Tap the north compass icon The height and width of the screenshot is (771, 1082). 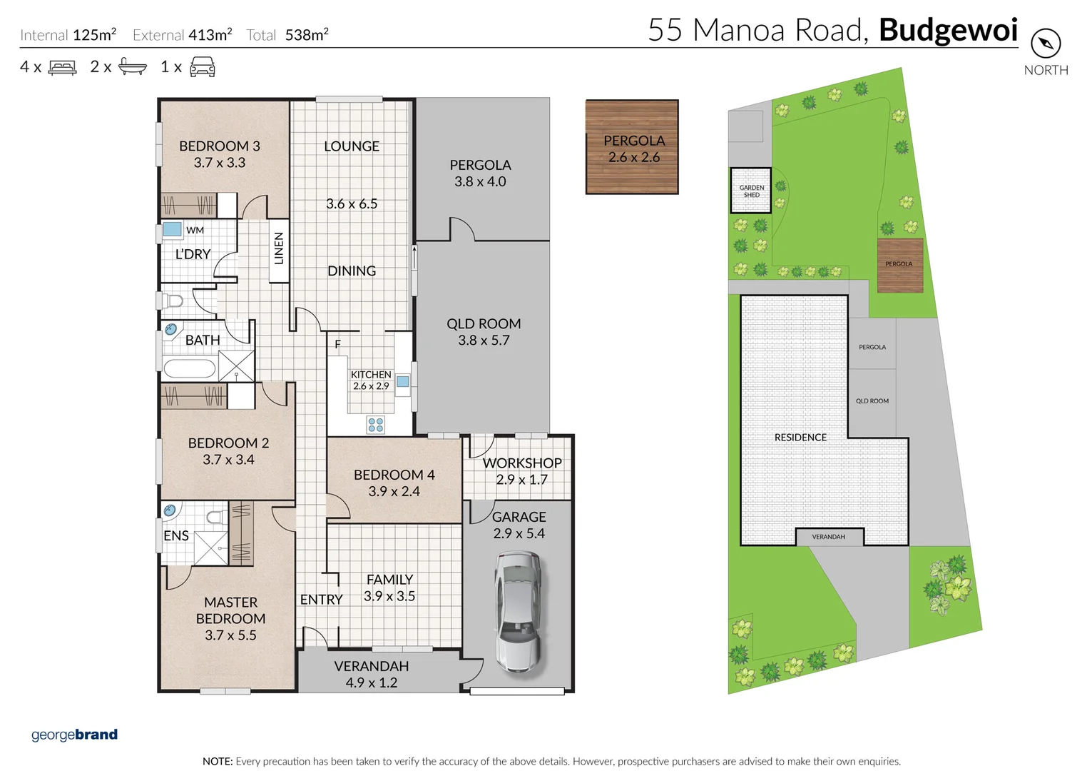click(x=1046, y=44)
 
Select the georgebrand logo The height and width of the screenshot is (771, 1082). click(x=74, y=735)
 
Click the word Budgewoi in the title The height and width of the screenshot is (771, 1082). click(x=948, y=30)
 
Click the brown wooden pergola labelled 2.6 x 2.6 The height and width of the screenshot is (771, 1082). click(x=632, y=147)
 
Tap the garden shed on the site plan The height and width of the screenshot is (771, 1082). click(x=751, y=191)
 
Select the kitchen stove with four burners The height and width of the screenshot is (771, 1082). click(x=376, y=425)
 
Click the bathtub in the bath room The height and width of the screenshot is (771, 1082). click(x=190, y=368)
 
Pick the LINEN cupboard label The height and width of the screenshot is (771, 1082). click(x=279, y=248)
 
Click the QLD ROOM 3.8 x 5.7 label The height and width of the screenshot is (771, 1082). click(x=484, y=332)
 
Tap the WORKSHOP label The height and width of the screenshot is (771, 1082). click(x=522, y=463)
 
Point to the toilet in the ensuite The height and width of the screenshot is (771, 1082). click(x=216, y=517)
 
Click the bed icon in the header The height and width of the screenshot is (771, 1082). click(x=63, y=68)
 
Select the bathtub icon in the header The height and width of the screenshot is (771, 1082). click(x=133, y=67)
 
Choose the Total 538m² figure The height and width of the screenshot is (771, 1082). click(x=287, y=35)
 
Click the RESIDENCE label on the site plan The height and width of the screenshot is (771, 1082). click(x=800, y=438)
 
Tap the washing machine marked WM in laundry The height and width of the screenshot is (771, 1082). click(x=172, y=229)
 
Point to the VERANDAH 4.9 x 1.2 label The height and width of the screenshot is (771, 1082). click(x=372, y=674)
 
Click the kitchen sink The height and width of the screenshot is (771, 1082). click(x=403, y=382)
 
